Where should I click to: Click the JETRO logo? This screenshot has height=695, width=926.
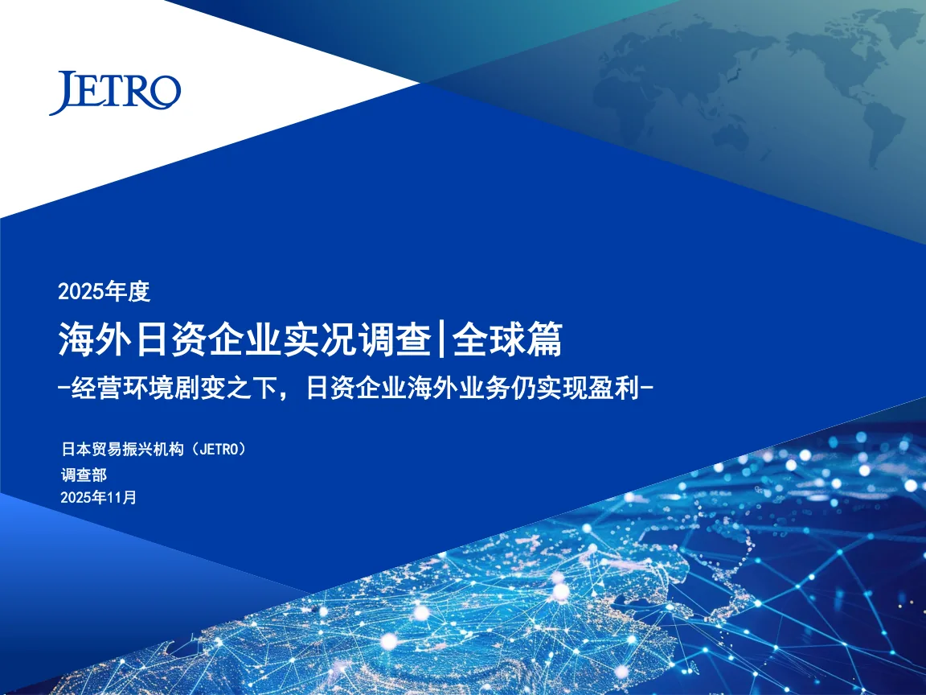(x=115, y=93)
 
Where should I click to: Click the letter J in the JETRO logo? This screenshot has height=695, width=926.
(x=64, y=93)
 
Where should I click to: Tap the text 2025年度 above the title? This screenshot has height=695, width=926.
(x=104, y=291)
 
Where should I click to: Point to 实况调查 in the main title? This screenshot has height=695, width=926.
(x=358, y=339)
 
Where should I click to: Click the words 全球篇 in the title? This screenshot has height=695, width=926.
(x=507, y=339)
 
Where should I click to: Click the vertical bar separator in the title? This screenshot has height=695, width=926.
(x=442, y=339)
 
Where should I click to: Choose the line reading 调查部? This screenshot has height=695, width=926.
(x=84, y=475)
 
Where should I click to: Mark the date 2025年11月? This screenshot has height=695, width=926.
(x=98, y=498)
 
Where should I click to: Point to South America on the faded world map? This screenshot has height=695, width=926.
(x=881, y=127)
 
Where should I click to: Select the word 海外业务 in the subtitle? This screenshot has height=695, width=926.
(x=458, y=389)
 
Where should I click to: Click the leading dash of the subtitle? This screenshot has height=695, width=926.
(x=64, y=389)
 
